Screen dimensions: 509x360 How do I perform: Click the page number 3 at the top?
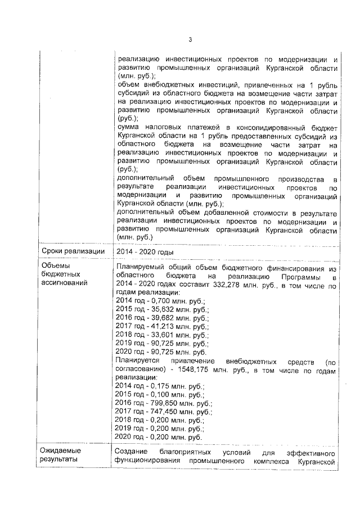pos(190,39)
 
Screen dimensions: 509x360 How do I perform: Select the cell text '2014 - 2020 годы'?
pos(144,251)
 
